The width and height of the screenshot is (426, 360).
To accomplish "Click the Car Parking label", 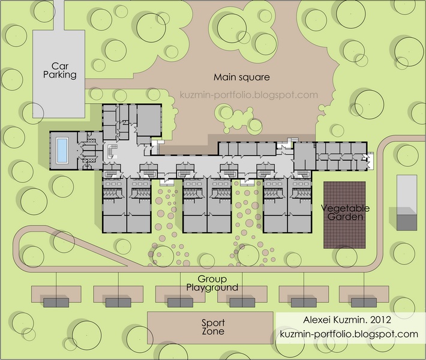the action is tap(60, 70).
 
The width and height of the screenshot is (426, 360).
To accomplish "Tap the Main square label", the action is tap(242, 77).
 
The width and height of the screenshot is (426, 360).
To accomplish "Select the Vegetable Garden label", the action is tap(345, 212).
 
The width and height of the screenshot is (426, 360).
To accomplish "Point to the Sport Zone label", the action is tap(213, 327).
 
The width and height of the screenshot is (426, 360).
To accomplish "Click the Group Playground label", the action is tap(212, 283).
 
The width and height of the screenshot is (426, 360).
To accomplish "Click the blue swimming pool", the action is tap(62, 150).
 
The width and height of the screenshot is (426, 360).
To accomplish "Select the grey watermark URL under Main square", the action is tap(249, 95).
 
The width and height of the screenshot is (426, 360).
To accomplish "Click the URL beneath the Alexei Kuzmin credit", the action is tap(349, 334).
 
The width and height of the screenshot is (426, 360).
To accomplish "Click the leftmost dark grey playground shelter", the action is tap(56, 302).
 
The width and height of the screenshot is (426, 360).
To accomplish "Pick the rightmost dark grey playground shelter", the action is tap(364, 302).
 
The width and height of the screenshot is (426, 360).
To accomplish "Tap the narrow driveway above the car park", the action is tap(59, 15).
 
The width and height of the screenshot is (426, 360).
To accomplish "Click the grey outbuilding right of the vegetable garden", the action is tap(407, 203).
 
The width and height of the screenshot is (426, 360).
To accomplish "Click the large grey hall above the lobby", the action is tap(149, 120).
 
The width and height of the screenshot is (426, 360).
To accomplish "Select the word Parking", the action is tap(60, 75).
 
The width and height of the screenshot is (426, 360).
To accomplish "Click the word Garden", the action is tap(346, 217).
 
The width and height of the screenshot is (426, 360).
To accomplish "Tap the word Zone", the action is tap(213, 331).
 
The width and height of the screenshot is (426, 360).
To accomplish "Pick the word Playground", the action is tap(212, 287).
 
